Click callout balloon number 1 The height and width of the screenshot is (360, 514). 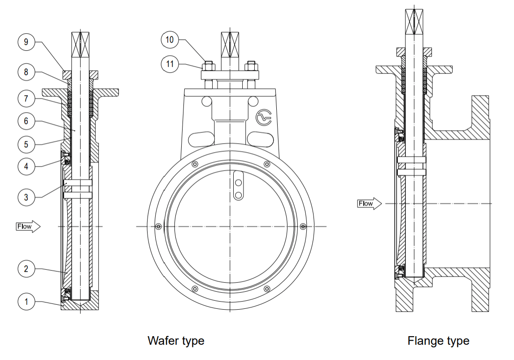tap(26, 302)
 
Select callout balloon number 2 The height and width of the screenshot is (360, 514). tap(26, 269)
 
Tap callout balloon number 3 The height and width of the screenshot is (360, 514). tap(26, 197)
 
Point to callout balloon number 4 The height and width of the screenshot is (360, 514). tap(26, 166)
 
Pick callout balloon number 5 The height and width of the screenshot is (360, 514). tap(26, 145)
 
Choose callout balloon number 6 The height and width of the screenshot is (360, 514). tap(26, 121)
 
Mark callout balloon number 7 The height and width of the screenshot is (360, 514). tap(26, 97)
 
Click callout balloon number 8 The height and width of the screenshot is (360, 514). tap(26, 72)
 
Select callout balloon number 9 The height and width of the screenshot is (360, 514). tap(26, 42)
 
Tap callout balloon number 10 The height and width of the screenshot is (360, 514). tap(170, 40)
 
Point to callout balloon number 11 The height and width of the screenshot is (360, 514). tap(170, 64)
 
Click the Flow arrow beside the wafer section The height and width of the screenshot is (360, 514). tap(28, 226)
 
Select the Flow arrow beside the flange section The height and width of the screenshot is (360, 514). tap(369, 204)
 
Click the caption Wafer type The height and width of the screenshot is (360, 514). tap(176, 341)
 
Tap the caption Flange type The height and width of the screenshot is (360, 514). tap(438, 341)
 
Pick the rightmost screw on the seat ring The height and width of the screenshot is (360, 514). tap(303, 226)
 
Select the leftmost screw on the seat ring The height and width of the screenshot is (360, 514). tap(158, 227)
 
